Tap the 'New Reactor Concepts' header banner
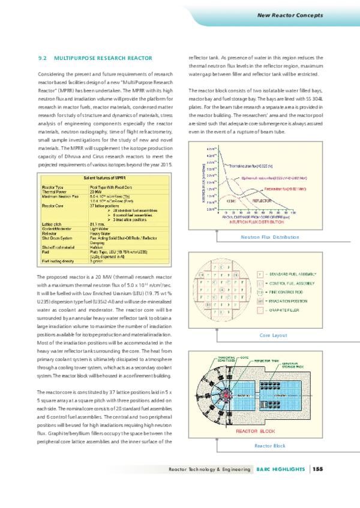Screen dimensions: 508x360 tap(290, 14)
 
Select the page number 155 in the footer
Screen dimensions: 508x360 tap(317, 469)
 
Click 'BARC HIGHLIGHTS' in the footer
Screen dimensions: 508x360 tap(281, 469)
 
